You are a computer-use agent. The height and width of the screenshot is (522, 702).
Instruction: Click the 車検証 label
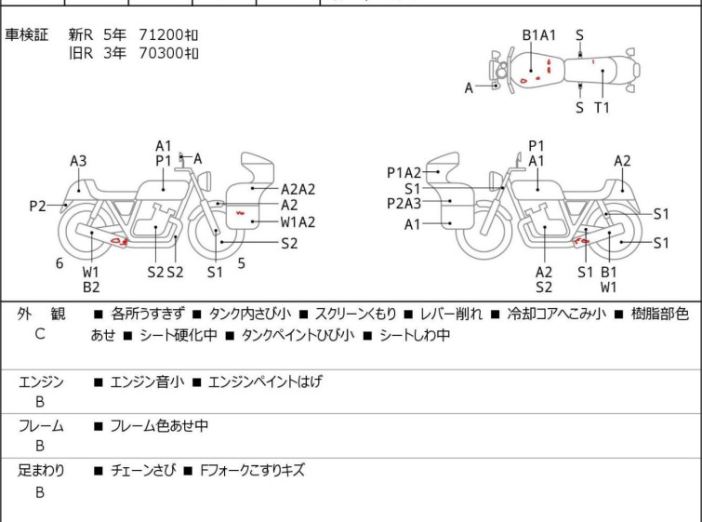pos(27,34)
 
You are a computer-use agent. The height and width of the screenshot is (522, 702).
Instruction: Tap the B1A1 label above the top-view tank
pos(539,35)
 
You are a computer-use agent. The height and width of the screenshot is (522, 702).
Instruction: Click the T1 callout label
pos(602,108)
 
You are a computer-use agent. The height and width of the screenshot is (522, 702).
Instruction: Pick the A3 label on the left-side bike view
pos(78,161)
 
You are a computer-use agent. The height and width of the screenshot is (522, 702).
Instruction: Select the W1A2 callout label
pos(298,222)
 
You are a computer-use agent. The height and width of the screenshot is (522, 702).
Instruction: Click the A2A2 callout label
pos(298,190)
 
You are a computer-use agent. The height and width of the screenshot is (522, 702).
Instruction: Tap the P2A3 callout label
pos(404,204)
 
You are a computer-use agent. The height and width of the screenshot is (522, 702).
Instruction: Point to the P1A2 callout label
pos(404,172)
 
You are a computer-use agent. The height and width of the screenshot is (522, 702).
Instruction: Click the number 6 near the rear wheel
pos(60,263)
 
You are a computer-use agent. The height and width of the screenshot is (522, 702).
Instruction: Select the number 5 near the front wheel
pos(242,263)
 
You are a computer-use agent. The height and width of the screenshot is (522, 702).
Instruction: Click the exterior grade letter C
pos(40,334)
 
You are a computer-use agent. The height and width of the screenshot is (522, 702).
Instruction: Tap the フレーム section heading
pos(41,425)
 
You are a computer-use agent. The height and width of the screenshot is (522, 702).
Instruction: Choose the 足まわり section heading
pos(41,471)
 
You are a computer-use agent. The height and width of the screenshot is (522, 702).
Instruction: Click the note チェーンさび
pos(143,471)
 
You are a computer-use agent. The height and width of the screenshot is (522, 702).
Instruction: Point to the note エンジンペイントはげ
pos(265,381)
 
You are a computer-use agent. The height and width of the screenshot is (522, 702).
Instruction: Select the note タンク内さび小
pos(250,315)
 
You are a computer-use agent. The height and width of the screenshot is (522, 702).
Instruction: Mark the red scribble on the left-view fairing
pos(241,213)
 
